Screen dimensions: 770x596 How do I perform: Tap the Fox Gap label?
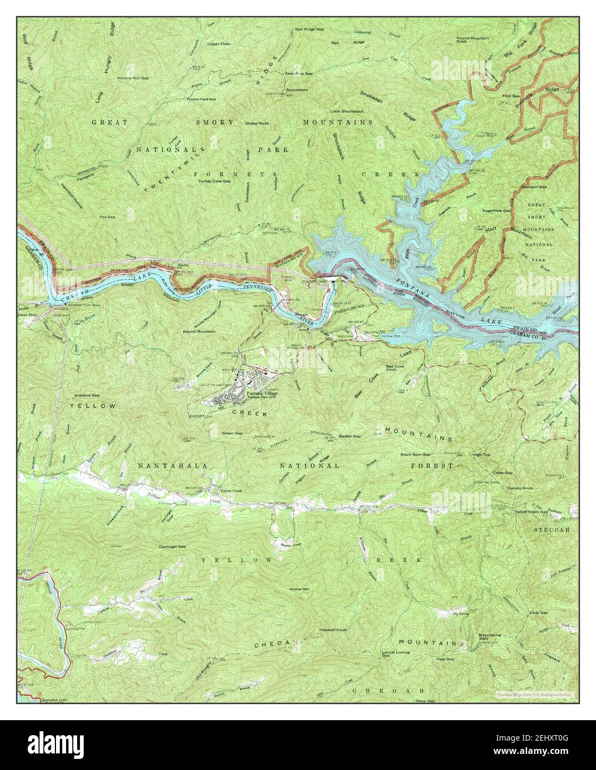pos(107,217)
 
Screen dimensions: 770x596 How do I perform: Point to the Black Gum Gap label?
pos(415,455)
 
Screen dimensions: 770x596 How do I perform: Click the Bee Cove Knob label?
pos(403,369)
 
